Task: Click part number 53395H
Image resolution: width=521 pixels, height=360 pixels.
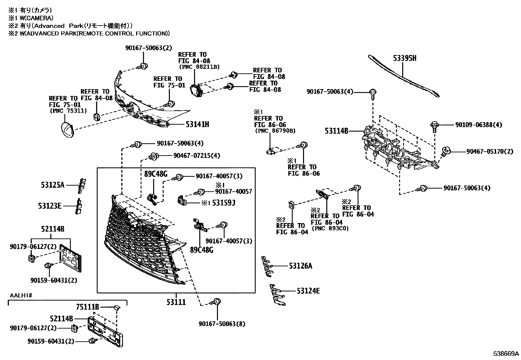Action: tap(404, 59)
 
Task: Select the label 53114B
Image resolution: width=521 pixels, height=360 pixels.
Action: tap(336, 131)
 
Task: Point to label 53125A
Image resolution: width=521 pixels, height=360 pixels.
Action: tap(53, 185)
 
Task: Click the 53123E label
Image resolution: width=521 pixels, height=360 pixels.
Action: tap(50, 206)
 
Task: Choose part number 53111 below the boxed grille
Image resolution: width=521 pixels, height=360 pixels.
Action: tap(176, 302)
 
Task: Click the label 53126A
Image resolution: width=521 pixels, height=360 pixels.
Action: tap(300, 266)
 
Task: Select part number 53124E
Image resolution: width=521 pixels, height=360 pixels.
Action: tap(308, 291)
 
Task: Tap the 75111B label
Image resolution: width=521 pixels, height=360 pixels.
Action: tap(87, 307)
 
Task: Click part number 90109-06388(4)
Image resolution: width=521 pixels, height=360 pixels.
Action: tap(478, 125)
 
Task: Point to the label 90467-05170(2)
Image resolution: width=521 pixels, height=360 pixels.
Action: tap(490, 151)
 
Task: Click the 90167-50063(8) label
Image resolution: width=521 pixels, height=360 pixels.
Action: tap(222, 324)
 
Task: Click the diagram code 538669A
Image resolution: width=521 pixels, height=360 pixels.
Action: tap(506, 354)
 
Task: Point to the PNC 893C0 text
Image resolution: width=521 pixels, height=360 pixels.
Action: tap(330, 229)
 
